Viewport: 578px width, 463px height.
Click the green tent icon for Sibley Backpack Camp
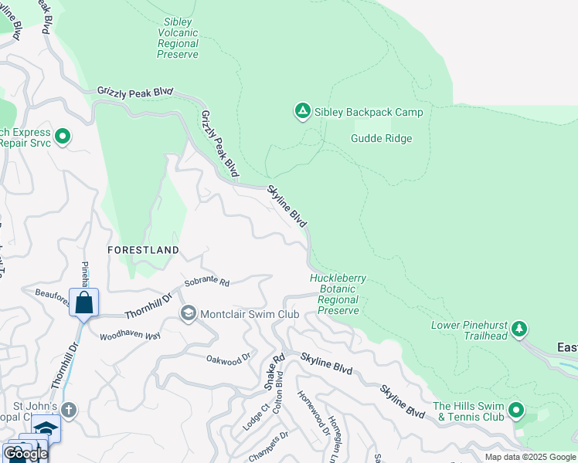click(x=302, y=112)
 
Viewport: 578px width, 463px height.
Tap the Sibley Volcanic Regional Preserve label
click(x=178, y=39)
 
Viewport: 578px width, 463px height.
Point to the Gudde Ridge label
click(x=381, y=139)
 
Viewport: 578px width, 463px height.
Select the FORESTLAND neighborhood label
click(x=143, y=250)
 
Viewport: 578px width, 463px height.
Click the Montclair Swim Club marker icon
click(x=188, y=314)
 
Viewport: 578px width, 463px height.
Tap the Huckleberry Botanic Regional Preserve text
click(x=338, y=294)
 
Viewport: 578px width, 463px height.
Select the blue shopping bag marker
click(x=83, y=302)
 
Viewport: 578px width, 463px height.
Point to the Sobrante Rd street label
click(x=208, y=282)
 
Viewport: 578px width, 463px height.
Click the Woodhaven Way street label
click(x=130, y=336)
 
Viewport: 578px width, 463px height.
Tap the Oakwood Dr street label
click(x=229, y=358)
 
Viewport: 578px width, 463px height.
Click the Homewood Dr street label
click(x=314, y=404)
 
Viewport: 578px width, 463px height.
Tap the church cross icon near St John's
click(x=69, y=409)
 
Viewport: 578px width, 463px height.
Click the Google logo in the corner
click(x=25, y=454)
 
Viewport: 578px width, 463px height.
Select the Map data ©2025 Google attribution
click(x=530, y=457)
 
